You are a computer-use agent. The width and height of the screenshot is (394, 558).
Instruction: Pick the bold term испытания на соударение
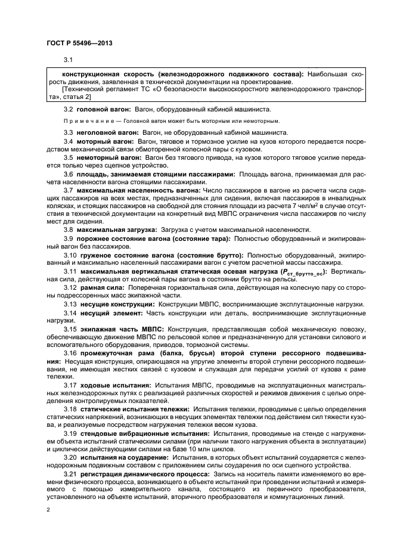click(124, 457)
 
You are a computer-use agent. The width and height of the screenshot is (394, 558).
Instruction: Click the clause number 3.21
click(70, 473)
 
